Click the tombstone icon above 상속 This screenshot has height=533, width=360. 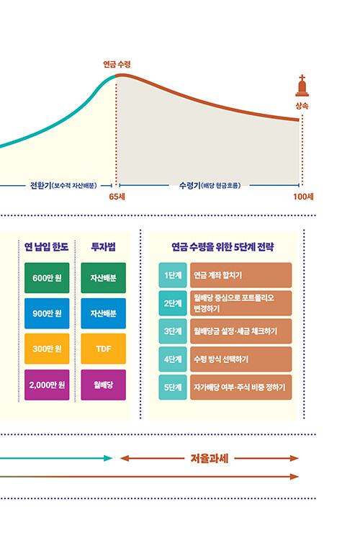302,86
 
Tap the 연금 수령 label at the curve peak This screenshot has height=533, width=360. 117,64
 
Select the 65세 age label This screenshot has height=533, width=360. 117,197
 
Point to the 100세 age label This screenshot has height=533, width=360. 303,197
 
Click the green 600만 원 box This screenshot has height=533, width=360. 47,278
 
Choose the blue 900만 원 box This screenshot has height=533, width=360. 47,313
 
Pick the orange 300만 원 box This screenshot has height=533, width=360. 47,349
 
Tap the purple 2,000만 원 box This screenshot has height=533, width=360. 47,385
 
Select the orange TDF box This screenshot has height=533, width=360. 104,349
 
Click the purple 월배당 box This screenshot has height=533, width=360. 104,385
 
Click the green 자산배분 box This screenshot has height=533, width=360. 104,278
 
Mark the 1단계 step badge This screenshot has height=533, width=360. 173,275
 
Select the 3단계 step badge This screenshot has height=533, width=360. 173,331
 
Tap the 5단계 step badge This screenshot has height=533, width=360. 173,388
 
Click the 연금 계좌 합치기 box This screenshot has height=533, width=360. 241,275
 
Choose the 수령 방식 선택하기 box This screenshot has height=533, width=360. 241,359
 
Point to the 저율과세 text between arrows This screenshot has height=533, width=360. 210,459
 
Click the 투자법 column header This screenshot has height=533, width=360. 104,246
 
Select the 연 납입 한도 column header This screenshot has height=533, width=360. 47,246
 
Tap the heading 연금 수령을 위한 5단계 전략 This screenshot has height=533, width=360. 222,247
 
